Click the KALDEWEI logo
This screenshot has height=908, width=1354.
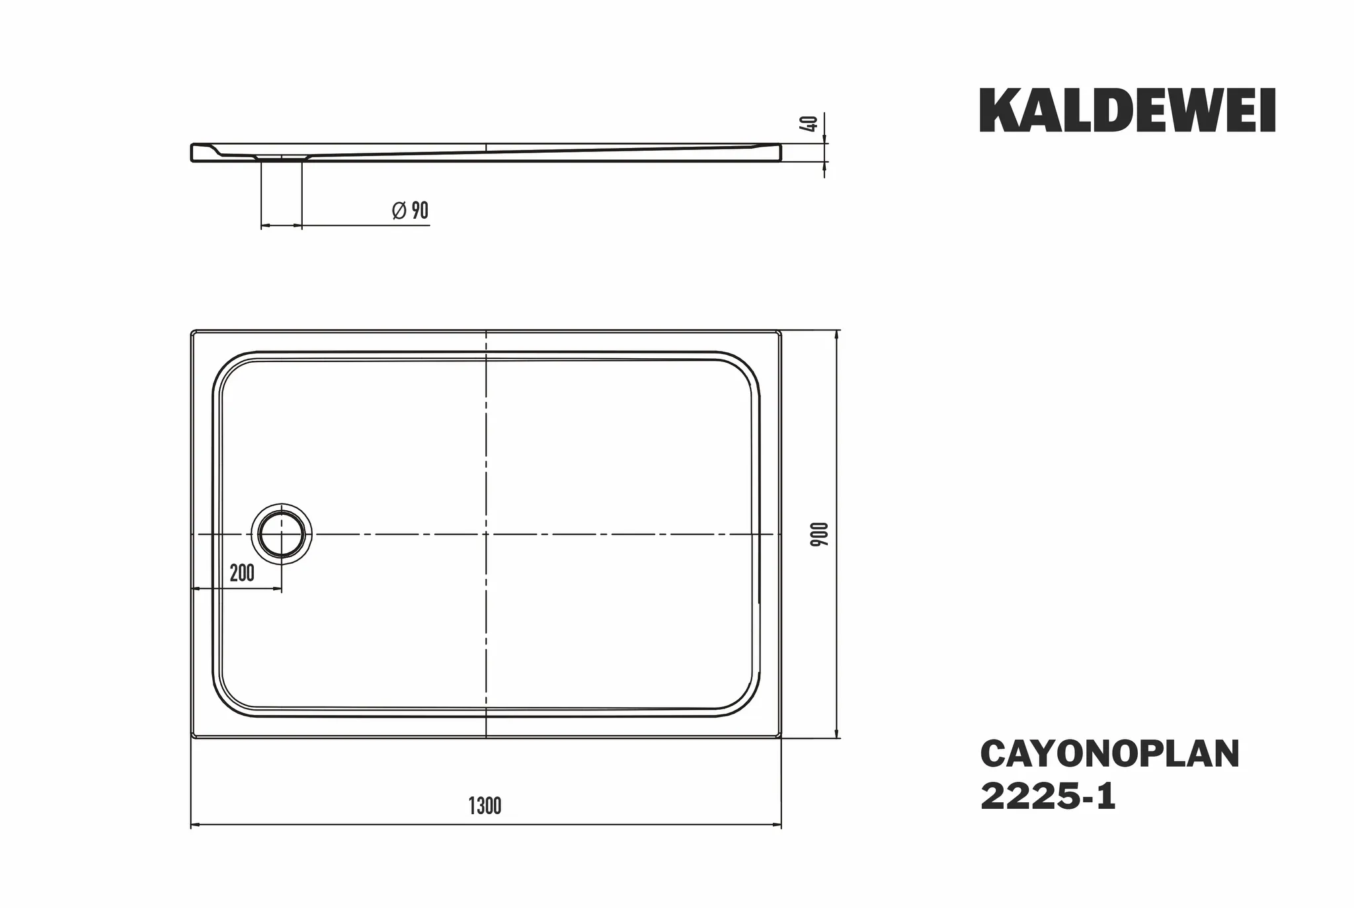click(x=1127, y=111)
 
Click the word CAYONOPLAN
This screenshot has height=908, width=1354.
click(x=1109, y=754)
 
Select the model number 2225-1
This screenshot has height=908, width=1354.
click(x=1048, y=797)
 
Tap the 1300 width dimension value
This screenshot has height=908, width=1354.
click(x=485, y=806)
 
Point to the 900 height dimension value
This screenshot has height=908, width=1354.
click(x=820, y=533)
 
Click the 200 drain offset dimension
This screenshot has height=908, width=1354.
click(x=242, y=573)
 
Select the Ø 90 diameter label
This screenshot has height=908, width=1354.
click(x=410, y=211)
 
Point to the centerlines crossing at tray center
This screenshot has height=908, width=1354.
click(x=486, y=533)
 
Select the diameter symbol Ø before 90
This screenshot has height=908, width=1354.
click(x=399, y=211)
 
